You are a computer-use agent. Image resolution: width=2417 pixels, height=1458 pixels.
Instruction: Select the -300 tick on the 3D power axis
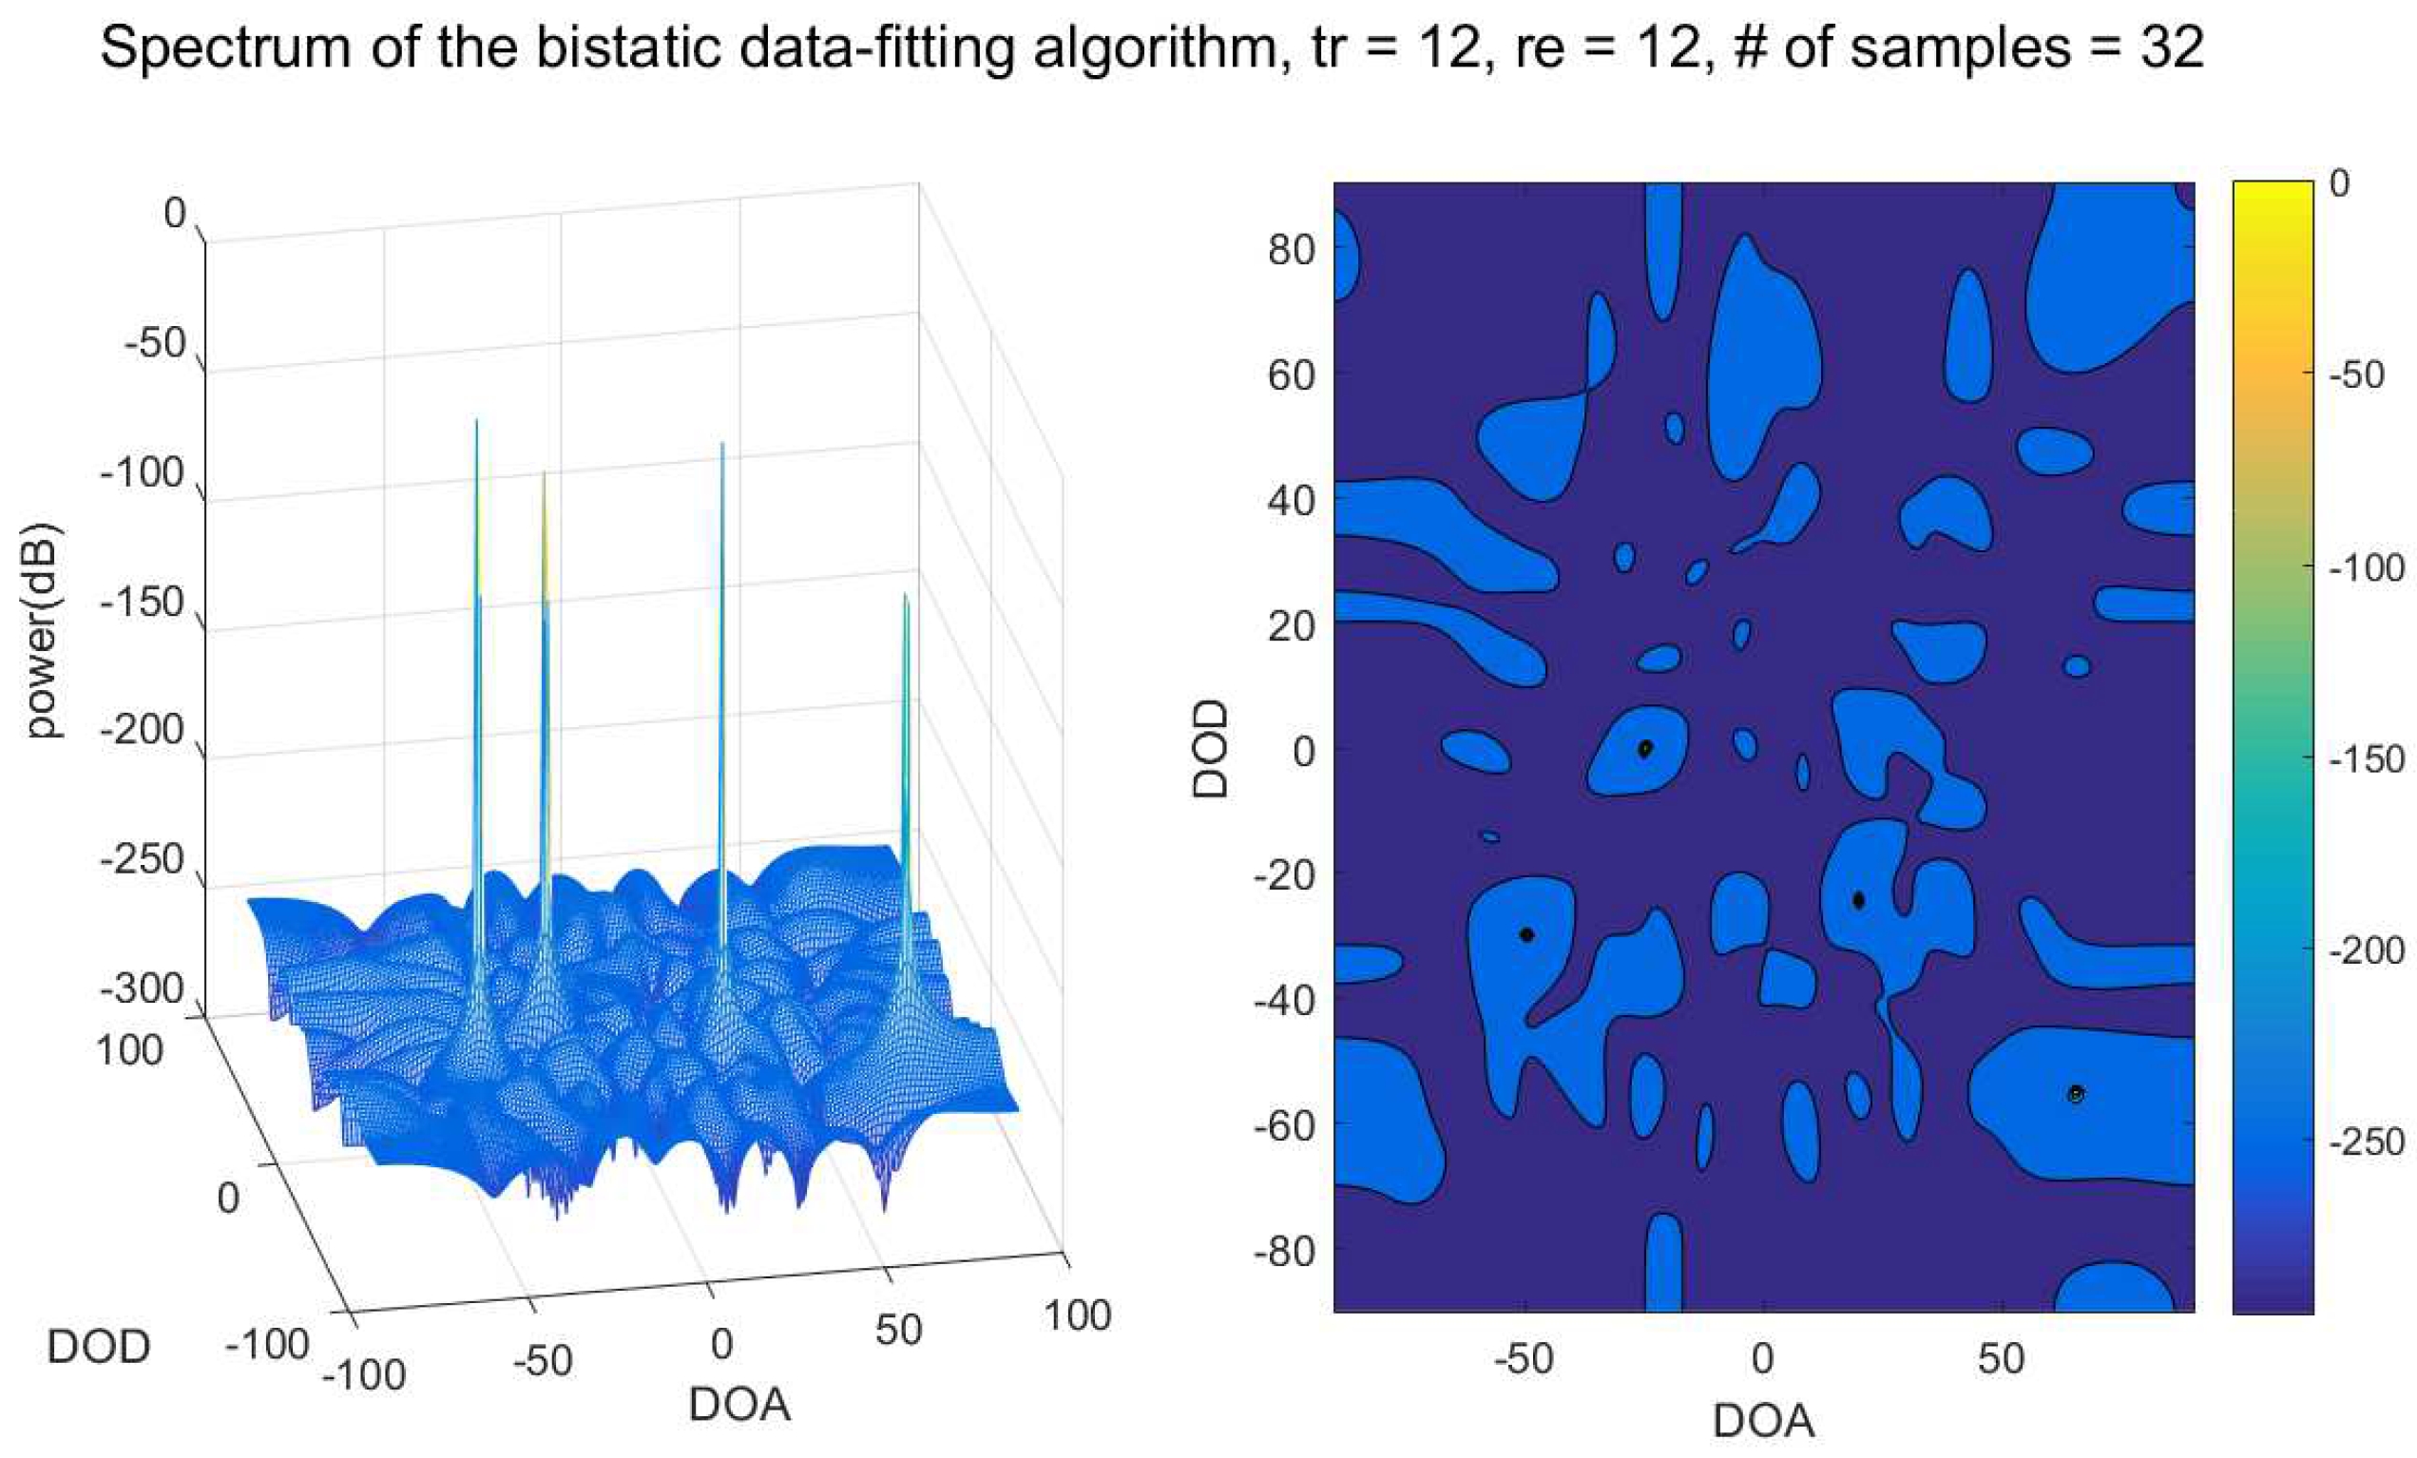click(143, 988)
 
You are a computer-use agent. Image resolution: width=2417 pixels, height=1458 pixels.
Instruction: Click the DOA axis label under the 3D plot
click(739, 1404)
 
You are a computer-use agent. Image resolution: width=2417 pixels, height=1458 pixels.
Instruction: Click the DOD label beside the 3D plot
click(98, 1347)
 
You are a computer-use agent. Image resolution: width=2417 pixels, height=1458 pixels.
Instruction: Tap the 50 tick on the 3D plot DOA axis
click(898, 1331)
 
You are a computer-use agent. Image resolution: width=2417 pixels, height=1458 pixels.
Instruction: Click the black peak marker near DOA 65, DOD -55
click(2076, 1094)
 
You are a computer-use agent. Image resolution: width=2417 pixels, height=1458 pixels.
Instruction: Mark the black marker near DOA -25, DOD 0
click(1645, 749)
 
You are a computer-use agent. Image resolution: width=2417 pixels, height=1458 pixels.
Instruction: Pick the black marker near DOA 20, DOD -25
click(1858, 900)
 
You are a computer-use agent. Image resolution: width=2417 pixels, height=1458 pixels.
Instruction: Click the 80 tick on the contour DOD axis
click(1290, 249)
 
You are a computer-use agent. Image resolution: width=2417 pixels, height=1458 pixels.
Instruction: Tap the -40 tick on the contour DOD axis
click(1284, 1001)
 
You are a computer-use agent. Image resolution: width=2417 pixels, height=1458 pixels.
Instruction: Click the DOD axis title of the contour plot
click(1211, 749)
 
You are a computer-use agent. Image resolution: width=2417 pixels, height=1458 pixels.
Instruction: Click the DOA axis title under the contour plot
click(1763, 1421)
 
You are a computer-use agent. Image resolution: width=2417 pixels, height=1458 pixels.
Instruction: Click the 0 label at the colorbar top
click(2338, 183)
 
